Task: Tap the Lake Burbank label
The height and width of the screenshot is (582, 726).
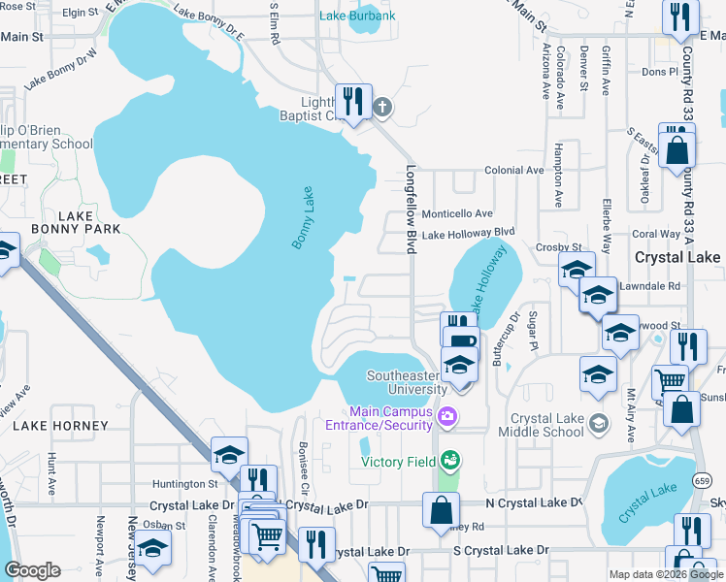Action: [357, 16]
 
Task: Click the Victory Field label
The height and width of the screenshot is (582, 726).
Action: [398, 462]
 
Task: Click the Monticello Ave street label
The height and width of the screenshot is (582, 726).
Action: [457, 213]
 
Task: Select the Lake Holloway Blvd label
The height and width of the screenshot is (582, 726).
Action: [468, 234]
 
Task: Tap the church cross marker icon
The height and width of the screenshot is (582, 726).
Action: [382, 107]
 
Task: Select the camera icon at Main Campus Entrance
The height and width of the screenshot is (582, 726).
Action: [447, 417]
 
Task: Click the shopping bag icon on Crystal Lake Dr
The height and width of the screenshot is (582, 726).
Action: [441, 509]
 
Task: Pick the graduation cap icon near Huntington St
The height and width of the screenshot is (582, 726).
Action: [229, 454]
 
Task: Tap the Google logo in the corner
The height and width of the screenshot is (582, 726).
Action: [32, 570]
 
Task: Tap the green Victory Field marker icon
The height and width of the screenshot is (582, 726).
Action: [447, 460]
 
